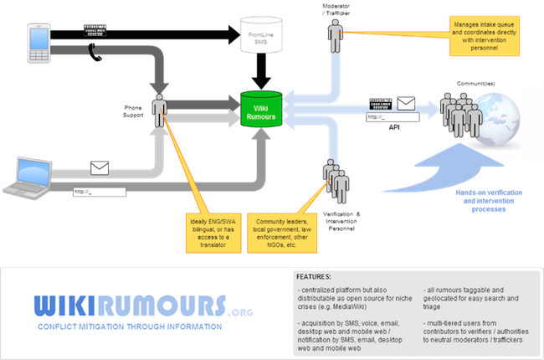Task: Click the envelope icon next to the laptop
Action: point(100,168)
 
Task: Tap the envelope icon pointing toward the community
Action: point(406,103)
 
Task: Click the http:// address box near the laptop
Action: point(99,192)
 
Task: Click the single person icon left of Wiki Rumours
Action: point(159,109)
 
